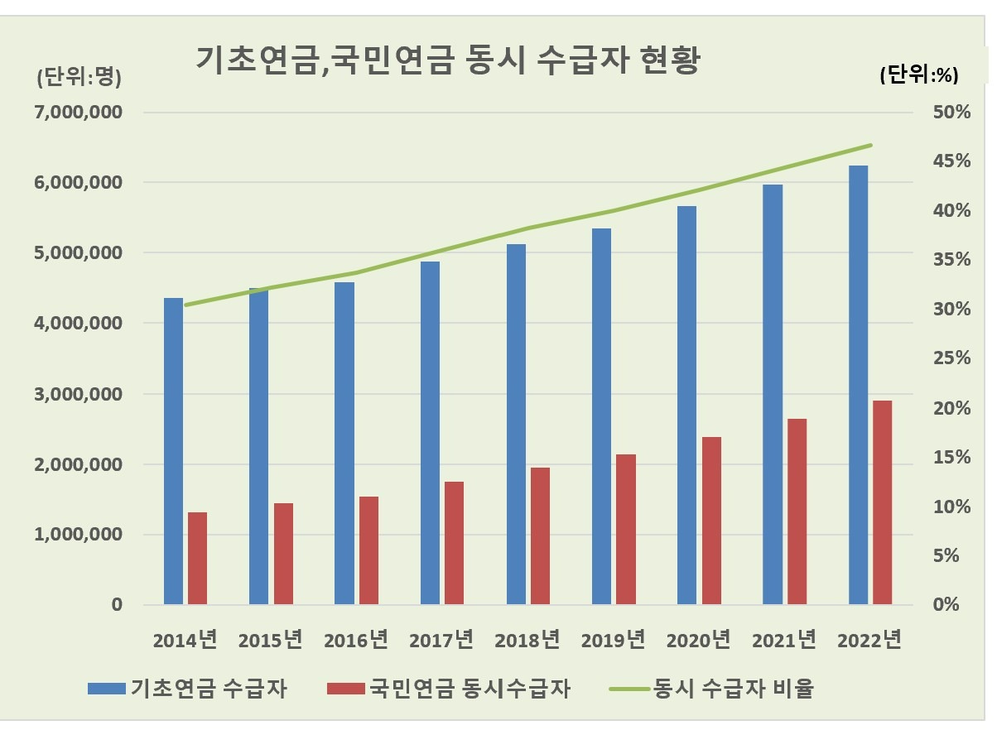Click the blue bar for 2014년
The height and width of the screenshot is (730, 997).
(x=173, y=451)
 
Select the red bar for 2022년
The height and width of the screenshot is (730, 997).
(x=883, y=502)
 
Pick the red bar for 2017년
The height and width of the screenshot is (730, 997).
(x=455, y=543)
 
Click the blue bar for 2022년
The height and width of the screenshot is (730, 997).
(x=858, y=385)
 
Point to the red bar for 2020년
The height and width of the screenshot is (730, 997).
(x=711, y=521)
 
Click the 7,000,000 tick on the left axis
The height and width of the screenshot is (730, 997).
(x=78, y=112)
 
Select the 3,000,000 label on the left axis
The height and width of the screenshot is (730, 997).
(x=78, y=394)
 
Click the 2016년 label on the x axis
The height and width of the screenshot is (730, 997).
(x=356, y=640)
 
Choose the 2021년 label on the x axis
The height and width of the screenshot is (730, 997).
(x=783, y=640)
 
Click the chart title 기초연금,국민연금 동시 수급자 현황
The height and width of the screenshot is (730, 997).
(x=447, y=60)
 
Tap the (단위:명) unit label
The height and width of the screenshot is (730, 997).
(x=79, y=78)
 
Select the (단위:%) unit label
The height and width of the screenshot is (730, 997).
(x=918, y=74)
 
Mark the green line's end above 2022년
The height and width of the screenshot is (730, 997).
(x=871, y=145)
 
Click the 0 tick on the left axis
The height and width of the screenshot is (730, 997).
(x=117, y=605)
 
